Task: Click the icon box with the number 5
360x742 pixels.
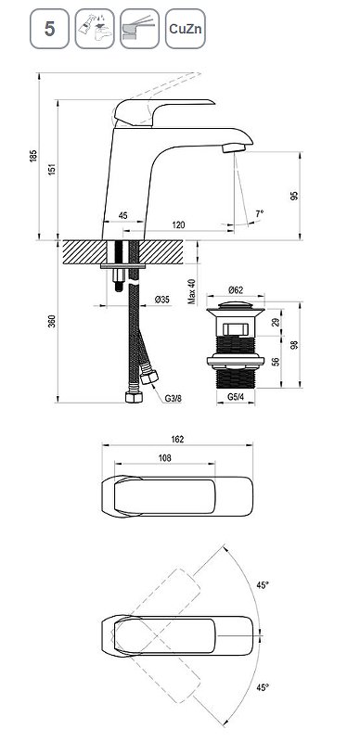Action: pos(50,29)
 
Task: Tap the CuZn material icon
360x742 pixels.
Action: pos(186,29)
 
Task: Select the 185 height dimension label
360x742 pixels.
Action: pos(32,156)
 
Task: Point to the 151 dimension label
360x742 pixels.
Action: pos(52,169)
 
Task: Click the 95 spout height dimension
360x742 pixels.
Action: pos(294,196)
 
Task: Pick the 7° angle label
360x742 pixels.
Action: pos(260,213)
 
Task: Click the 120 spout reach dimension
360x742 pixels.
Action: pos(178,224)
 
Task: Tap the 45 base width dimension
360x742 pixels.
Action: pos(122,216)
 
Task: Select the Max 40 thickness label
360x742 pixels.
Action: pos(192,291)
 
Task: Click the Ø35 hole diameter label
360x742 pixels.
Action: pos(162,299)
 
